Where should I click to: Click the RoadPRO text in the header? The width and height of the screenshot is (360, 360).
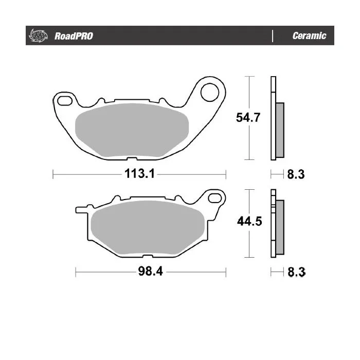[74, 36]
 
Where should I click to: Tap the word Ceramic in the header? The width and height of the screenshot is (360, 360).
[309, 35]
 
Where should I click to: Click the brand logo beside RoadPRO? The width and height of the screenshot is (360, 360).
[38, 35]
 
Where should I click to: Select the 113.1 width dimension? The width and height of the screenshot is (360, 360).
[139, 174]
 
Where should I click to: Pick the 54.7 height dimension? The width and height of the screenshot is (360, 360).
[248, 117]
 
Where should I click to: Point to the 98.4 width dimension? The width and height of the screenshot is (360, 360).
[150, 271]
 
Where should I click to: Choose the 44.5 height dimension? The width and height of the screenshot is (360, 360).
[249, 221]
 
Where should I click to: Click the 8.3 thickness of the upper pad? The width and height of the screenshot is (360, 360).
[296, 174]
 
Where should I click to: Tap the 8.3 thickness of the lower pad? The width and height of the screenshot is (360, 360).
[296, 272]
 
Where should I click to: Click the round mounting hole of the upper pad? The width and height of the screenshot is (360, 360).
[210, 92]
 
